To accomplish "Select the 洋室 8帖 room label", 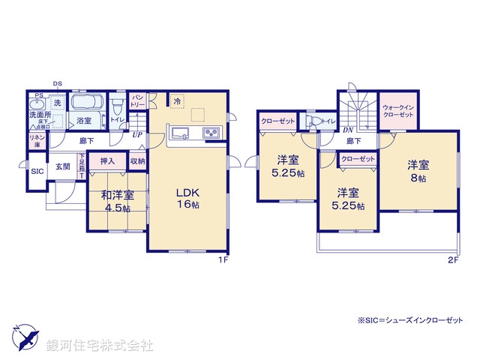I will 418,171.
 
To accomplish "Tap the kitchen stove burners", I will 211,134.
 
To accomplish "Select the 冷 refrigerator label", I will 177,101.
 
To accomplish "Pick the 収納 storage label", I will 136,160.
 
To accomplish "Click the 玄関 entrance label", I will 61,166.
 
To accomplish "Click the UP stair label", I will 137,135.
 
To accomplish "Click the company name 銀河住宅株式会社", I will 100,346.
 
